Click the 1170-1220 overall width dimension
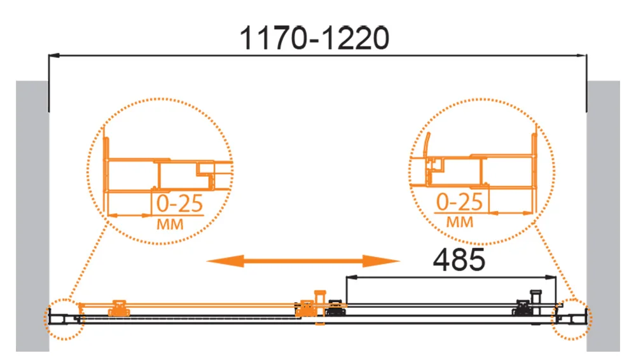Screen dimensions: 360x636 click(x=314, y=39)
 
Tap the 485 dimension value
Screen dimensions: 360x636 click(x=459, y=260)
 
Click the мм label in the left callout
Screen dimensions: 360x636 click(x=169, y=224)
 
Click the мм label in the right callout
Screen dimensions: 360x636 click(x=460, y=222)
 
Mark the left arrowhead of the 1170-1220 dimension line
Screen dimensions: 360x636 click(x=53, y=57)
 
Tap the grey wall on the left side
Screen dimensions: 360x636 click(x=32, y=216)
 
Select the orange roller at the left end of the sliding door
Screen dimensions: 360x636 click(x=118, y=308)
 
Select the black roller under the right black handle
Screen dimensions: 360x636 click(x=522, y=310)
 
